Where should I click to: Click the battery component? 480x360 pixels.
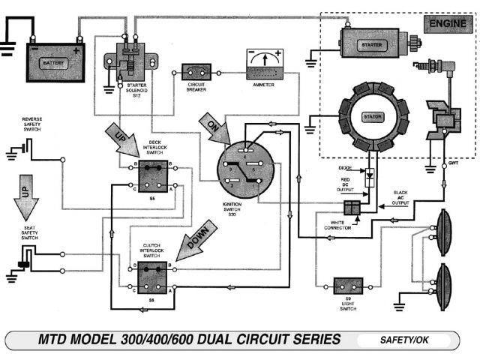click(55, 62)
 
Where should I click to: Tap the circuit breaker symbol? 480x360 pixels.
click(196, 72)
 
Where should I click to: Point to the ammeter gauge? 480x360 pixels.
click(264, 66)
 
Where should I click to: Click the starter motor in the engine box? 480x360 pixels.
click(373, 44)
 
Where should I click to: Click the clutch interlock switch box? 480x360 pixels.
click(154, 276)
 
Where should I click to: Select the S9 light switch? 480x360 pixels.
click(348, 286)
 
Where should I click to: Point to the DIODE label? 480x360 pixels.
click(345, 169)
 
